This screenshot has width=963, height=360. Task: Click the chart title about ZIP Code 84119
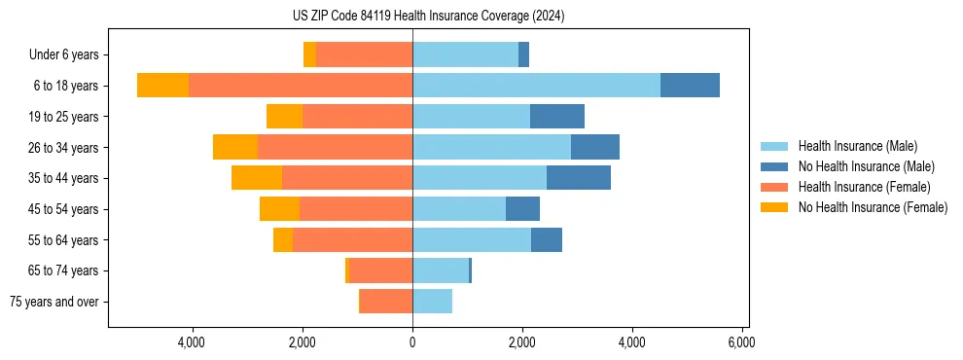428,17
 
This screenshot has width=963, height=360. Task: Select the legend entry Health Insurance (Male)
857,146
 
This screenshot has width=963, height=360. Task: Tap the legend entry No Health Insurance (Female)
873,207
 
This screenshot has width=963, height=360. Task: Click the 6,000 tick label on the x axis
742,342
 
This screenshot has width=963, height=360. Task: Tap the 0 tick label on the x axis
412,342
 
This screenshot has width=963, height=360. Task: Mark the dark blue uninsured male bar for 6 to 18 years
690,86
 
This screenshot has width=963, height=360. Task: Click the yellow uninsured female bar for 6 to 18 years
162,86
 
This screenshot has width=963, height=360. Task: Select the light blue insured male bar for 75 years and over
432,302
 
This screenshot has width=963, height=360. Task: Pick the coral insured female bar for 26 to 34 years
335,147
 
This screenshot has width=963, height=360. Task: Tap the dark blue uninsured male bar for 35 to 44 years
579,178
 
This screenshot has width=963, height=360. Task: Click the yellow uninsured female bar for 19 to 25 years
284,117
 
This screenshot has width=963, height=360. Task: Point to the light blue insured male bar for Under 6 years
465,55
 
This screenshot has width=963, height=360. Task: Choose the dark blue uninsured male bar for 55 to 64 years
547,239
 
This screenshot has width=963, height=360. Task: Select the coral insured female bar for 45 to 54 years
356,209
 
